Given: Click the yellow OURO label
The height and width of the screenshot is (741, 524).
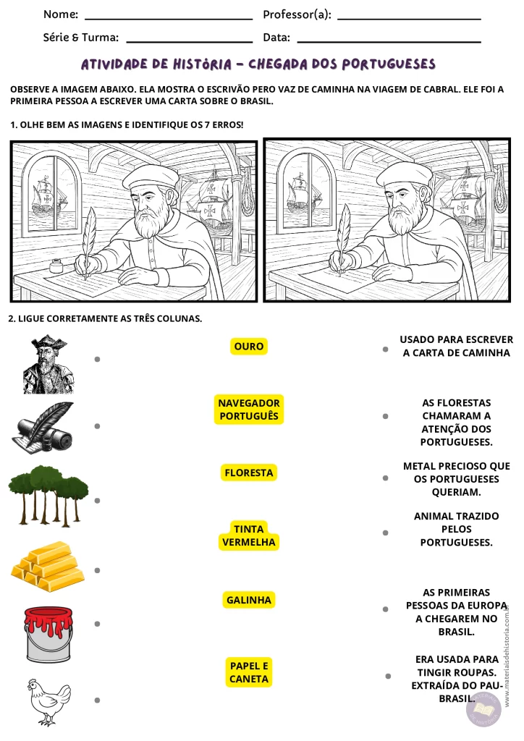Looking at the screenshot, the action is coord(248,347).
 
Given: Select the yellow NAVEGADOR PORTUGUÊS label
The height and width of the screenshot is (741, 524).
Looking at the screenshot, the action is coord(248,410).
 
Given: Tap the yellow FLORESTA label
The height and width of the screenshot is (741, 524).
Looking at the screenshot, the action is coord(248,473).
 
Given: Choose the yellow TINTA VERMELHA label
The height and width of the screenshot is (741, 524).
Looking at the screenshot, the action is coord(248,535).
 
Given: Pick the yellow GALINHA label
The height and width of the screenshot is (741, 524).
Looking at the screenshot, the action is coord(248,600).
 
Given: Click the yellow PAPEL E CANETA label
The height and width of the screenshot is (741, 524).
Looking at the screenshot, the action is coord(248,672).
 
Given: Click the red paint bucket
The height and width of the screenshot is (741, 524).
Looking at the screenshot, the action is coord(48,635).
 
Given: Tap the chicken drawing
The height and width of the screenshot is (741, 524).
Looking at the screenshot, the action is coord(48,701).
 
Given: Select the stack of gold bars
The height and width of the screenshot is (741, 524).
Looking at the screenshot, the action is coord(48,566).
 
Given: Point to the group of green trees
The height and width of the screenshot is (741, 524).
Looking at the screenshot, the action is coord(48,496).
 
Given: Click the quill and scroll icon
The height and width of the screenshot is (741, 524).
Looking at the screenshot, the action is coord(43,428).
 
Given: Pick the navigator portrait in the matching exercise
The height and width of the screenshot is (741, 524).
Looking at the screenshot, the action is coord(48,365).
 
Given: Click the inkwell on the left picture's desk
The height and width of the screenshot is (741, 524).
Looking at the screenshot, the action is coord(56,266).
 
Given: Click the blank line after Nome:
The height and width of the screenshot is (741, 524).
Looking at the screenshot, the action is coord(169,19).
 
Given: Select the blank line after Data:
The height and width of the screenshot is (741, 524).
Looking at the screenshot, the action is coord(389,42).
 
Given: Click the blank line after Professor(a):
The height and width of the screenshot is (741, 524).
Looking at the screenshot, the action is coord(409,19).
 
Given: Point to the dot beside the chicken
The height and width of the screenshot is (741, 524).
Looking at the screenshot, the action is coord(97,700).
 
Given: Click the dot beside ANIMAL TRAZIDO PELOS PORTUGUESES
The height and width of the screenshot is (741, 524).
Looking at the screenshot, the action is coord(386,533).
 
